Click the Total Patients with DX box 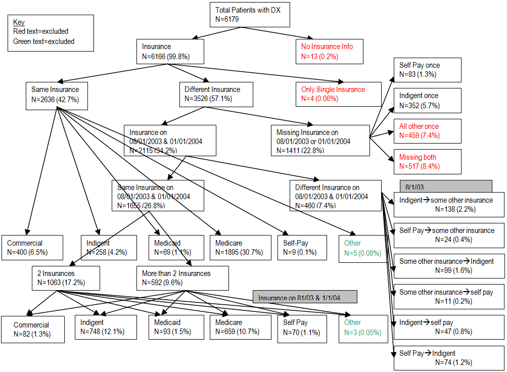point(250,14)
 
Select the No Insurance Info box point(329,51)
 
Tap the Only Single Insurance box point(338,94)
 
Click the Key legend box point(51,33)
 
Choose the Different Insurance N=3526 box point(216,94)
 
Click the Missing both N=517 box point(427,162)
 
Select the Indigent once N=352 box point(427,101)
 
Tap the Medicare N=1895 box point(238,248)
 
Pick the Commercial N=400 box point(35,248)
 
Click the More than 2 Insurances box point(182,278)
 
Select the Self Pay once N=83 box point(427,70)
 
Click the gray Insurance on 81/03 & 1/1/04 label point(304,297)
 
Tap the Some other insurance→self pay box point(449,297)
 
